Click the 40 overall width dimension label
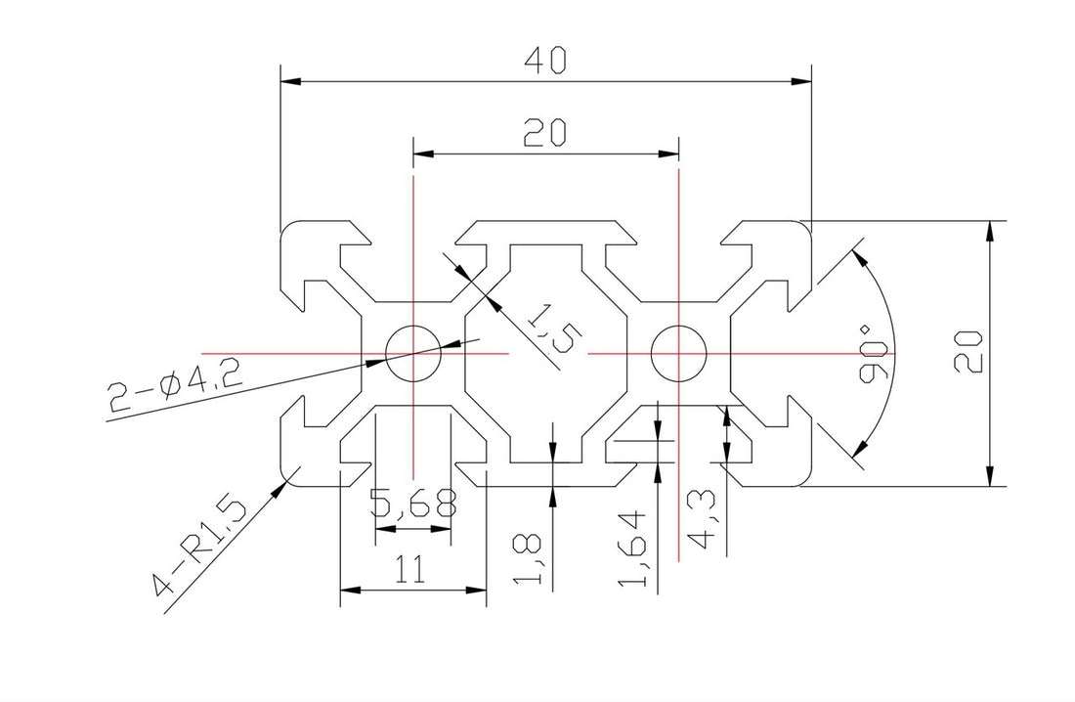pyautogui.click(x=545, y=62)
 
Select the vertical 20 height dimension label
pyautogui.click(x=968, y=351)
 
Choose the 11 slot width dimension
pyautogui.click(x=411, y=571)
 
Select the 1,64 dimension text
pyautogui.click(x=634, y=548)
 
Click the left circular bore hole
pyautogui.click(x=412, y=352)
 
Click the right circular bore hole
pyautogui.click(x=678, y=352)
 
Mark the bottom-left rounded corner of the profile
pyautogui.click(x=289, y=476)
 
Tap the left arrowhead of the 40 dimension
pyautogui.click(x=287, y=81)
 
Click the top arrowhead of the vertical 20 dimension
pyautogui.click(x=991, y=229)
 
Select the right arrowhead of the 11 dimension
pyautogui.click(x=480, y=591)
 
